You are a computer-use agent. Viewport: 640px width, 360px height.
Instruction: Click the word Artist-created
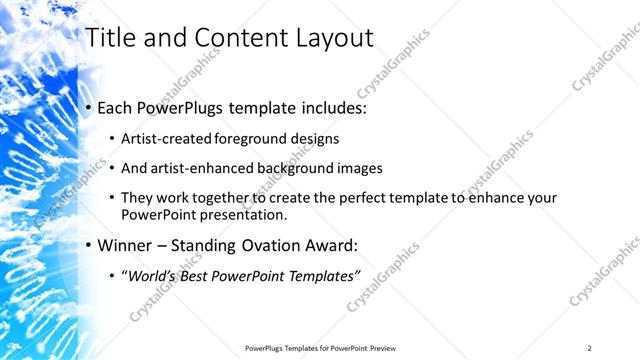(169, 139)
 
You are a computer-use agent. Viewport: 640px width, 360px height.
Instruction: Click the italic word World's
(148, 275)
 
